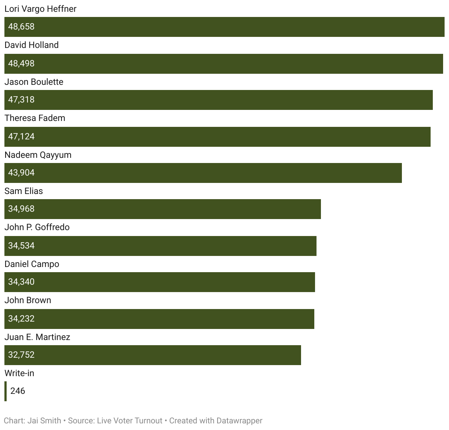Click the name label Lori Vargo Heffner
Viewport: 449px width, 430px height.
tap(40, 9)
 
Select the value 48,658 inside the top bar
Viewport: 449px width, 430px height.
tap(21, 27)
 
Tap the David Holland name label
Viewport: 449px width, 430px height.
tap(32, 45)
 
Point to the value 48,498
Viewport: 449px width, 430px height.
tap(21, 63)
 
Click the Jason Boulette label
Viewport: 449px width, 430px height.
tap(34, 82)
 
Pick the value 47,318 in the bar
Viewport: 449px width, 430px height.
tap(21, 100)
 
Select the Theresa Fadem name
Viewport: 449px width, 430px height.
tap(35, 118)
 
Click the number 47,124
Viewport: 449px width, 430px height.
tap(21, 136)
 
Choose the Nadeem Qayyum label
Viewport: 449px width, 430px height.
tap(38, 155)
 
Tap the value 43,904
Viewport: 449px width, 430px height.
tap(21, 173)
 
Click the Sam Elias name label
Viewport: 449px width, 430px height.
tap(24, 191)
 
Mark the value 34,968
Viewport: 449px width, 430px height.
tap(21, 209)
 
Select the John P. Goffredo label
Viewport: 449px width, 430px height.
tap(37, 227)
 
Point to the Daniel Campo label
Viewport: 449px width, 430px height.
tap(32, 264)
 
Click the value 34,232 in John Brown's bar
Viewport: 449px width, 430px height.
tap(21, 319)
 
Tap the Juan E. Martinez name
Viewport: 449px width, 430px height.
tap(37, 337)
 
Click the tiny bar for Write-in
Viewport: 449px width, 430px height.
tap(6, 391)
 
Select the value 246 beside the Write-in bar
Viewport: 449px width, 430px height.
tap(18, 391)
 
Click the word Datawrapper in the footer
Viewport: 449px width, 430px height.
tap(239, 421)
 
